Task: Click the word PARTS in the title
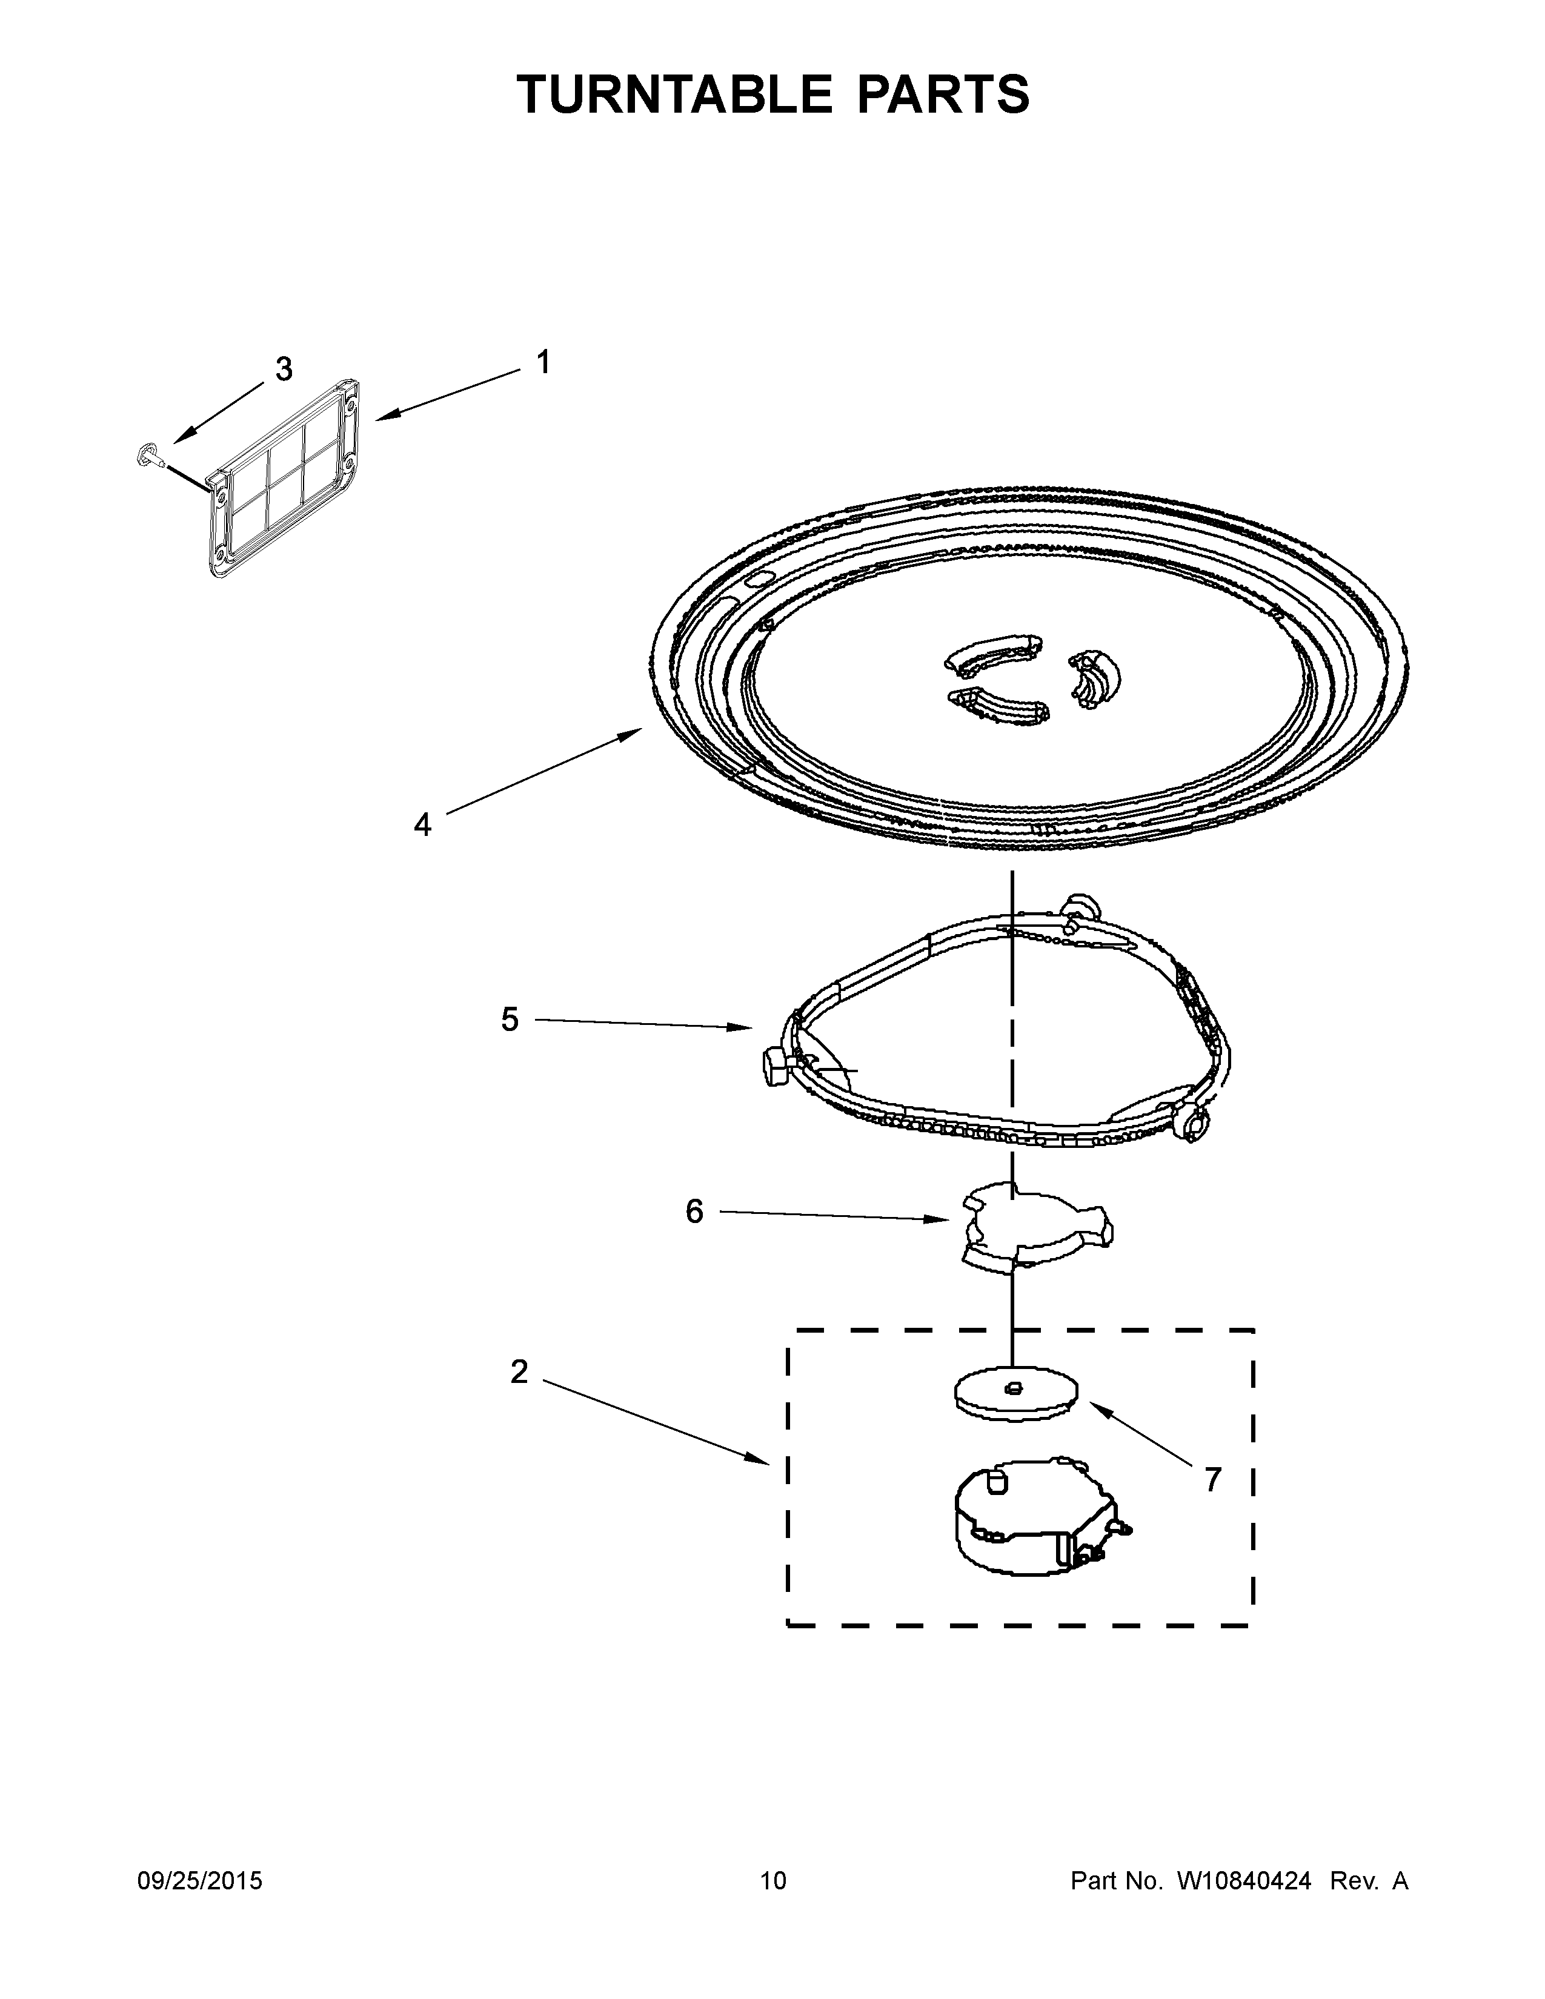[943, 94]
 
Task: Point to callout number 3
[284, 369]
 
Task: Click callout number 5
[510, 1019]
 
